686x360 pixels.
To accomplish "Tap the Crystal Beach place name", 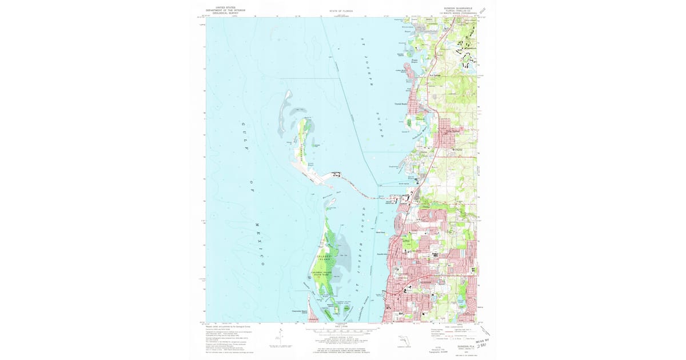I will (x=400, y=103).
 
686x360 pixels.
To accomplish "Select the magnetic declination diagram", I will (x=281, y=336).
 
